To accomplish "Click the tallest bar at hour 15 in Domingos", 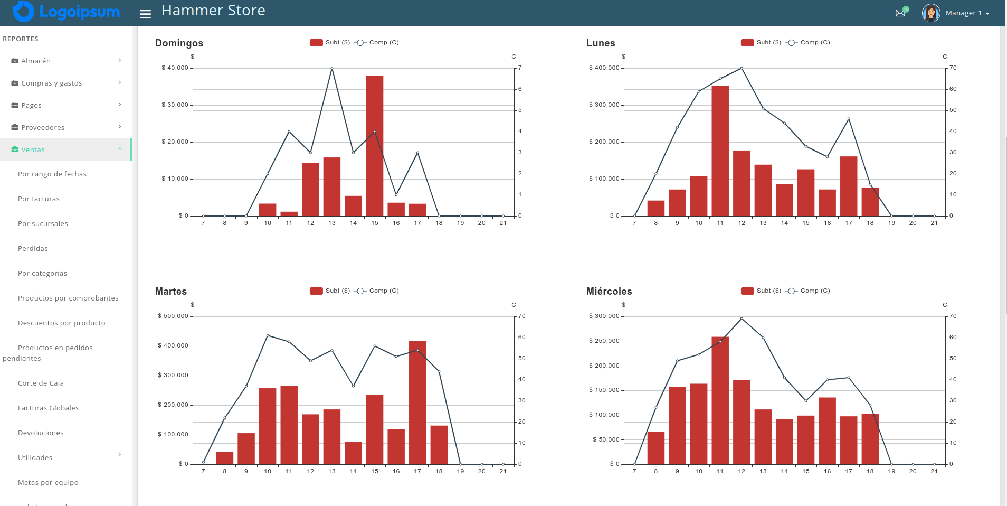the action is tap(375, 146).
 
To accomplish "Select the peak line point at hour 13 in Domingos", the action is tap(332, 68).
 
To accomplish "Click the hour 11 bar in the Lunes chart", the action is tap(720, 151).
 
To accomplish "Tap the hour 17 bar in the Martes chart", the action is tap(417, 402).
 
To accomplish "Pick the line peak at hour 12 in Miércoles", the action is tap(742, 318).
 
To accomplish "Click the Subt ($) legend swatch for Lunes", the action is tap(747, 43).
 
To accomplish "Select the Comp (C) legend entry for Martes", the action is tap(377, 291).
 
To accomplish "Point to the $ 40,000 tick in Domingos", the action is tap(175, 68).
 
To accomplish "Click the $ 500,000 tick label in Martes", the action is tap(173, 316).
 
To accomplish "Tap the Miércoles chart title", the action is tap(609, 292).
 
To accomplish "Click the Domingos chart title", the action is tap(179, 43).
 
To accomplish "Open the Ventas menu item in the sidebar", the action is tap(33, 150).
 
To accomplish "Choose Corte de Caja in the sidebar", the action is tap(41, 383).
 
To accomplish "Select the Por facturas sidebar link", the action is tap(39, 199).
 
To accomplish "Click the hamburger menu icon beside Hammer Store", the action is tap(145, 14).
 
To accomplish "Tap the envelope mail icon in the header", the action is tap(900, 13).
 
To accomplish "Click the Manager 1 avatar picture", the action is tap(931, 13).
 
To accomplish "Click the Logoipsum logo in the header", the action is tap(66, 12).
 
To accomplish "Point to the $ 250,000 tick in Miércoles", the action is tap(604, 341).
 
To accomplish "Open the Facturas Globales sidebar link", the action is tap(48, 408).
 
